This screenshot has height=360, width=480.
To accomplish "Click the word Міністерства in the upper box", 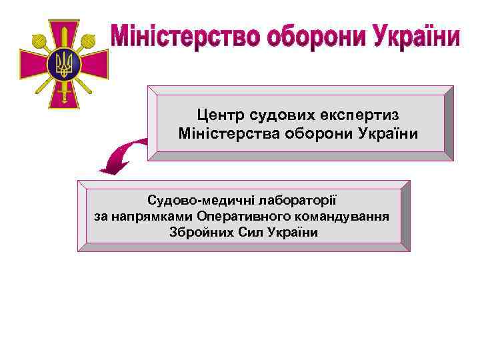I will (x=225, y=134).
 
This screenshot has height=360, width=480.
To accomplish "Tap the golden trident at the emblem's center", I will (x=65, y=63).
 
